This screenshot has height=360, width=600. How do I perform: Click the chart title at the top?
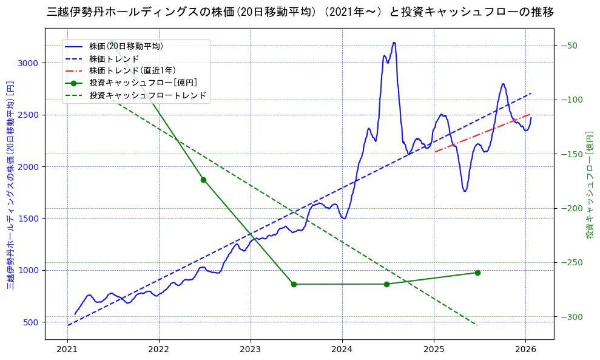300,12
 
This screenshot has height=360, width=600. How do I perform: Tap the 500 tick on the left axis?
31,322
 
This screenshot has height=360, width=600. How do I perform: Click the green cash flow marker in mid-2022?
203,180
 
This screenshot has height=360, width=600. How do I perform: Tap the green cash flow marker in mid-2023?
294,284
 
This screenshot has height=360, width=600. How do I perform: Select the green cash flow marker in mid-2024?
386,284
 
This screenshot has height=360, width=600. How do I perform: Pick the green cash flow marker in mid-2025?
477,273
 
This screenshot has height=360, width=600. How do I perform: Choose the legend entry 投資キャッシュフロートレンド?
148,95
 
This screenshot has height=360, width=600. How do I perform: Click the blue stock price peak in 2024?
394,42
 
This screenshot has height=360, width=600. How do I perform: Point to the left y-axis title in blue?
10,185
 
